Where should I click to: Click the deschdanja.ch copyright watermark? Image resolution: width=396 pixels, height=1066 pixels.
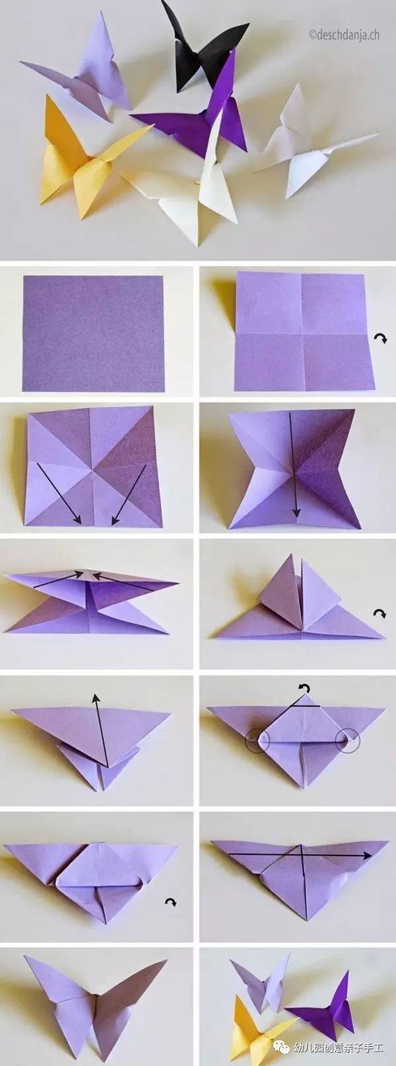(344, 34)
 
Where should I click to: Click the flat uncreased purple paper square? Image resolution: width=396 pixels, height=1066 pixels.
(93, 334)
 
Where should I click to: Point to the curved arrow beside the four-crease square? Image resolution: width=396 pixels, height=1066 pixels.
(380, 338)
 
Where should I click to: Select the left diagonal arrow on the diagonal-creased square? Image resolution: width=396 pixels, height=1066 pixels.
(58, 493)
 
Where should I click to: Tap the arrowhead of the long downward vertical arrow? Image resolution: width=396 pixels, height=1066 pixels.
(296, 512)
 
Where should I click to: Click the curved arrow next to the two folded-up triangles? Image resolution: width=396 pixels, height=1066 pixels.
(379, 613)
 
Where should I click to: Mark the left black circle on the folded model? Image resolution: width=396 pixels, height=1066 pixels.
(257, 741)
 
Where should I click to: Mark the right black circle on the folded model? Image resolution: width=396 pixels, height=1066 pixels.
(348, 741)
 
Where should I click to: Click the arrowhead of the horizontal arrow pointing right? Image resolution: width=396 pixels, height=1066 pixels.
(367, 869)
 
